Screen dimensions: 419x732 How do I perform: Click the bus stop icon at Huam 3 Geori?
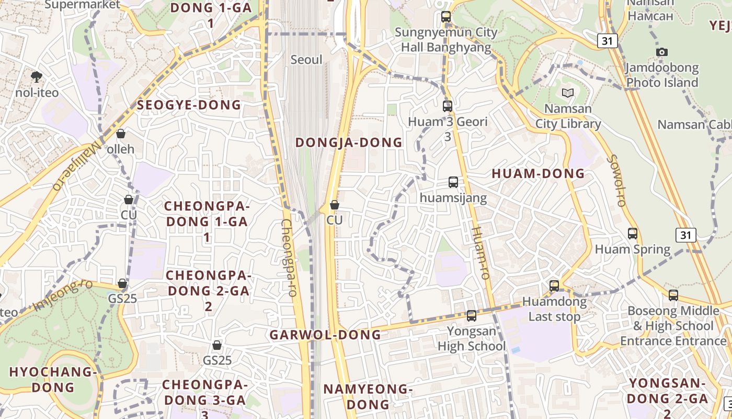[x=448, y=106]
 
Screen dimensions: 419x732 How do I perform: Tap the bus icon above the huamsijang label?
[x=453, y=182]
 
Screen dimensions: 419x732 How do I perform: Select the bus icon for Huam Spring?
[x=633, y=234]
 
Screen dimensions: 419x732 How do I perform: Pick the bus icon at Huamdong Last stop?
[x=554, y=286]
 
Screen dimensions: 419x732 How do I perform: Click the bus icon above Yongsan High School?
[x=472, y=315]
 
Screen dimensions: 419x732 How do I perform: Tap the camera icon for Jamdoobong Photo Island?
[x=662, y=52]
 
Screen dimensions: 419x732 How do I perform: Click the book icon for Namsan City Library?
[x=568, y=93]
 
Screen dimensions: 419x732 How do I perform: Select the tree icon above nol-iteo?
[x=37, y=77]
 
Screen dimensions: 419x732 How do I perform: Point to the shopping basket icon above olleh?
[x=121, y=134]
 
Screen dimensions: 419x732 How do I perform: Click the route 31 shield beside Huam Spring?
[x=685, y=235]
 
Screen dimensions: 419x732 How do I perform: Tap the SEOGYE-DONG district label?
[x=189, y=105]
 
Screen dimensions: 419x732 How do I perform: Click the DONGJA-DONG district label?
[x=349, y=142]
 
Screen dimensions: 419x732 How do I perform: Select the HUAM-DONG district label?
[x=538, y=174]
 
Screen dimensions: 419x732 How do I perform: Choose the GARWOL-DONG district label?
[x=325, y=335]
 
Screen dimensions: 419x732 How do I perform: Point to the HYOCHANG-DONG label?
[x=53, y=380]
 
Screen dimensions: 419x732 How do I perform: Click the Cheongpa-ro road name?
[x=289, y=258]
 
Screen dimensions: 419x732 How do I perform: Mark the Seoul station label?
[x=306, y=60]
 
